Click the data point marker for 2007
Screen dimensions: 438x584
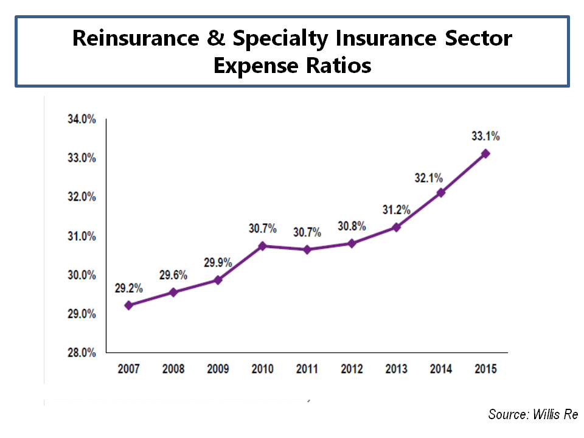point(128,305)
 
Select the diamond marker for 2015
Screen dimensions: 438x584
point(485,154)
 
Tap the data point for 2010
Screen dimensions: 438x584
point(262,246)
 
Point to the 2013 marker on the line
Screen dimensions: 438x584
point(396,227)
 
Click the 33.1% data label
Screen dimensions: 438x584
point(485,136)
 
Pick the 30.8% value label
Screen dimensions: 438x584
point(352,226)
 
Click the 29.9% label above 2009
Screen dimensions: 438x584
point(218,263)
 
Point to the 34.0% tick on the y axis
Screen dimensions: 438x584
point(82,119)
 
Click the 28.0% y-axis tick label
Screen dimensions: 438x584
point(82,353)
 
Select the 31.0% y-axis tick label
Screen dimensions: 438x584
point(82,236)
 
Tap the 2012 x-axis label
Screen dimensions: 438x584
point(352,369)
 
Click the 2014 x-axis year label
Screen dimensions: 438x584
point(441,369)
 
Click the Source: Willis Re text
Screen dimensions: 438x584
point(533,415)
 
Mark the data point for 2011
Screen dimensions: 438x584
point(307,249)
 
